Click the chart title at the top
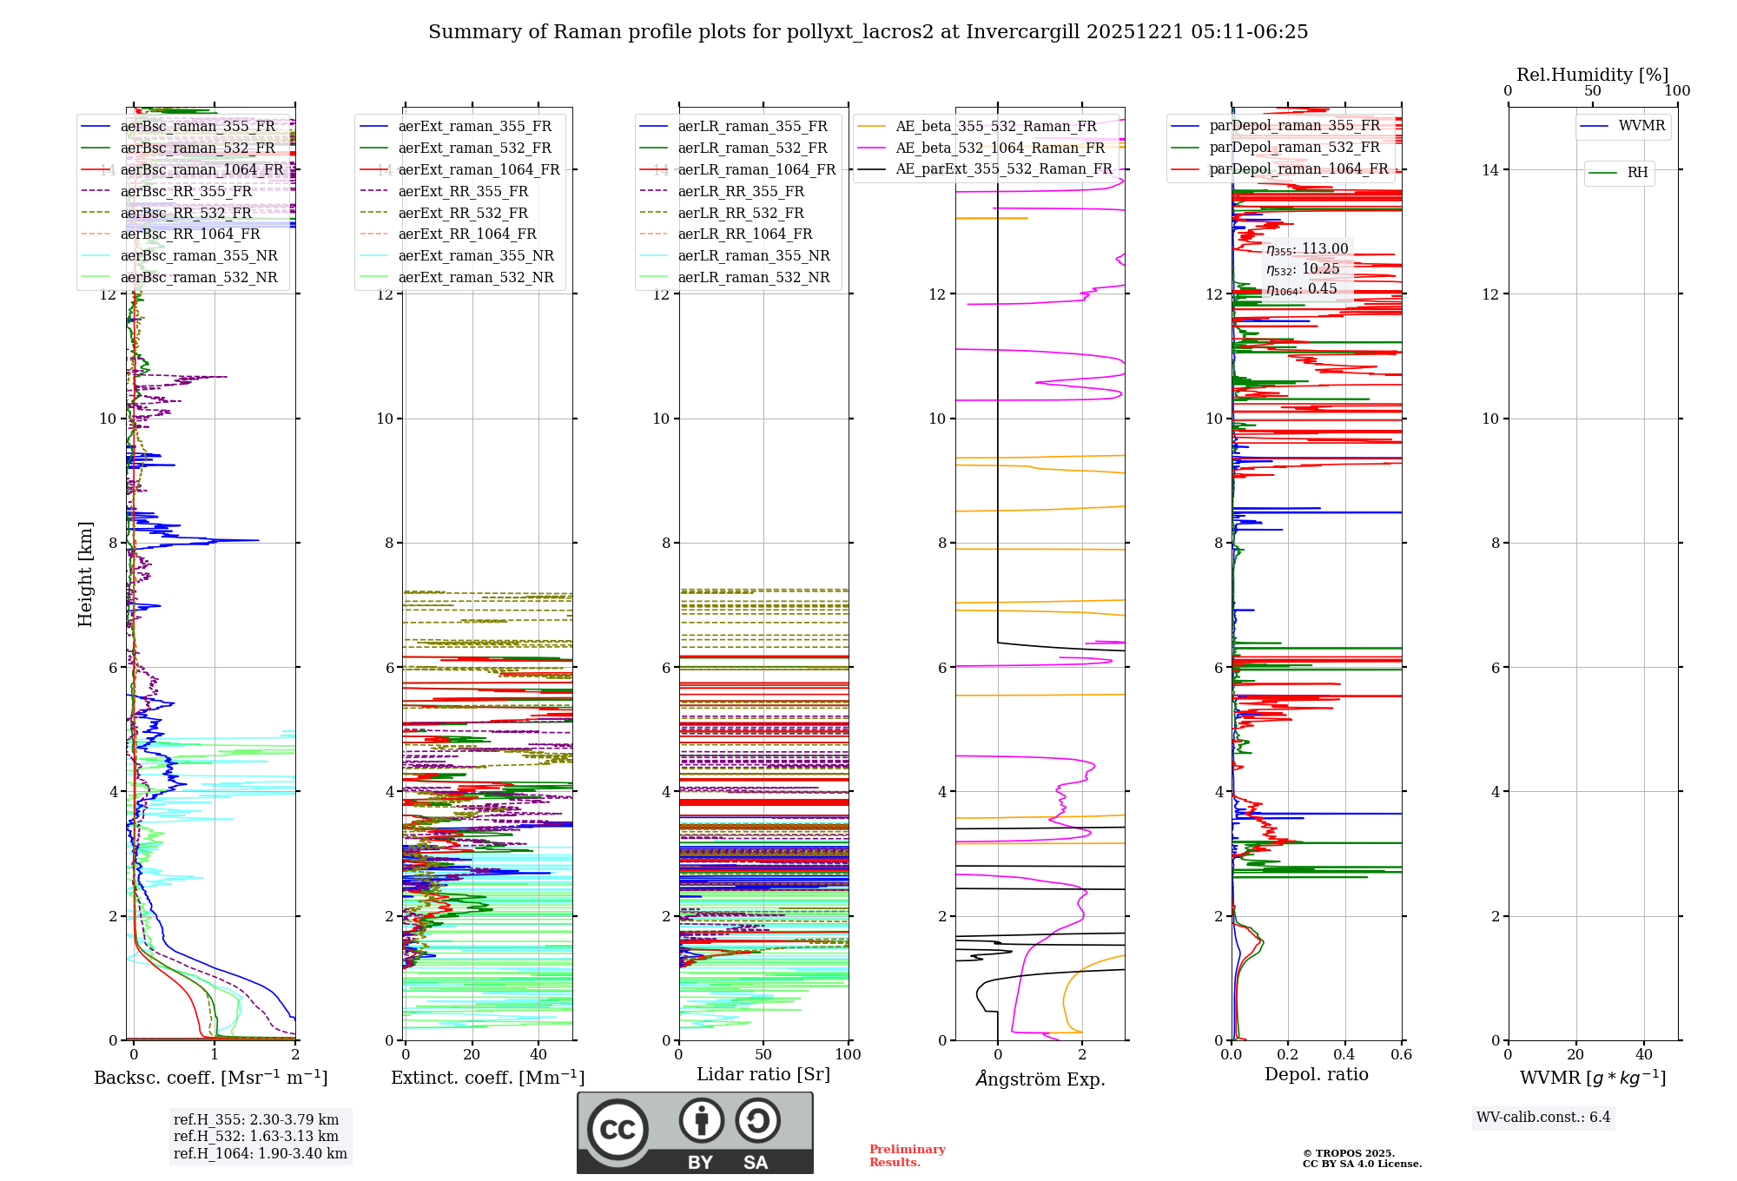[868, 32]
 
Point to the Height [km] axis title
[85, 573]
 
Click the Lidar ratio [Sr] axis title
[763, 1074]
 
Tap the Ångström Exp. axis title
[1040, 1079]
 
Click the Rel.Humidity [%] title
[1592, 75]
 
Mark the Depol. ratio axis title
[1316, 1074]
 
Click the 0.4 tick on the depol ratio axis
[1344, 1054]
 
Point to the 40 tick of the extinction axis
[538, 1054]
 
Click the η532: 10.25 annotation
[1303, 269]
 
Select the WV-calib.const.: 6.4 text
[1542, 1117]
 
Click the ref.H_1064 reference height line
[260, 1153]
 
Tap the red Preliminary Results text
[907, 1155]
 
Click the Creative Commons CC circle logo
[618, 1130]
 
